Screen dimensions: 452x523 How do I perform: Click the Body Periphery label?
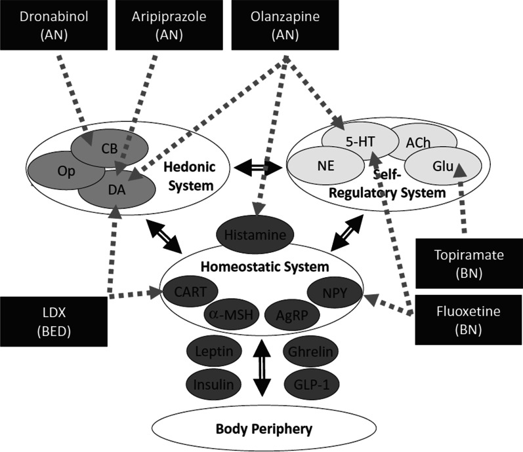pyautogui.click(x=259, y=429)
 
